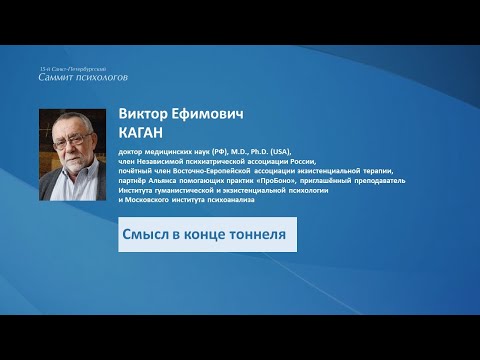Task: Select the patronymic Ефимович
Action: pos(206,113)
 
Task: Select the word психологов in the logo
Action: pos(104,76)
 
